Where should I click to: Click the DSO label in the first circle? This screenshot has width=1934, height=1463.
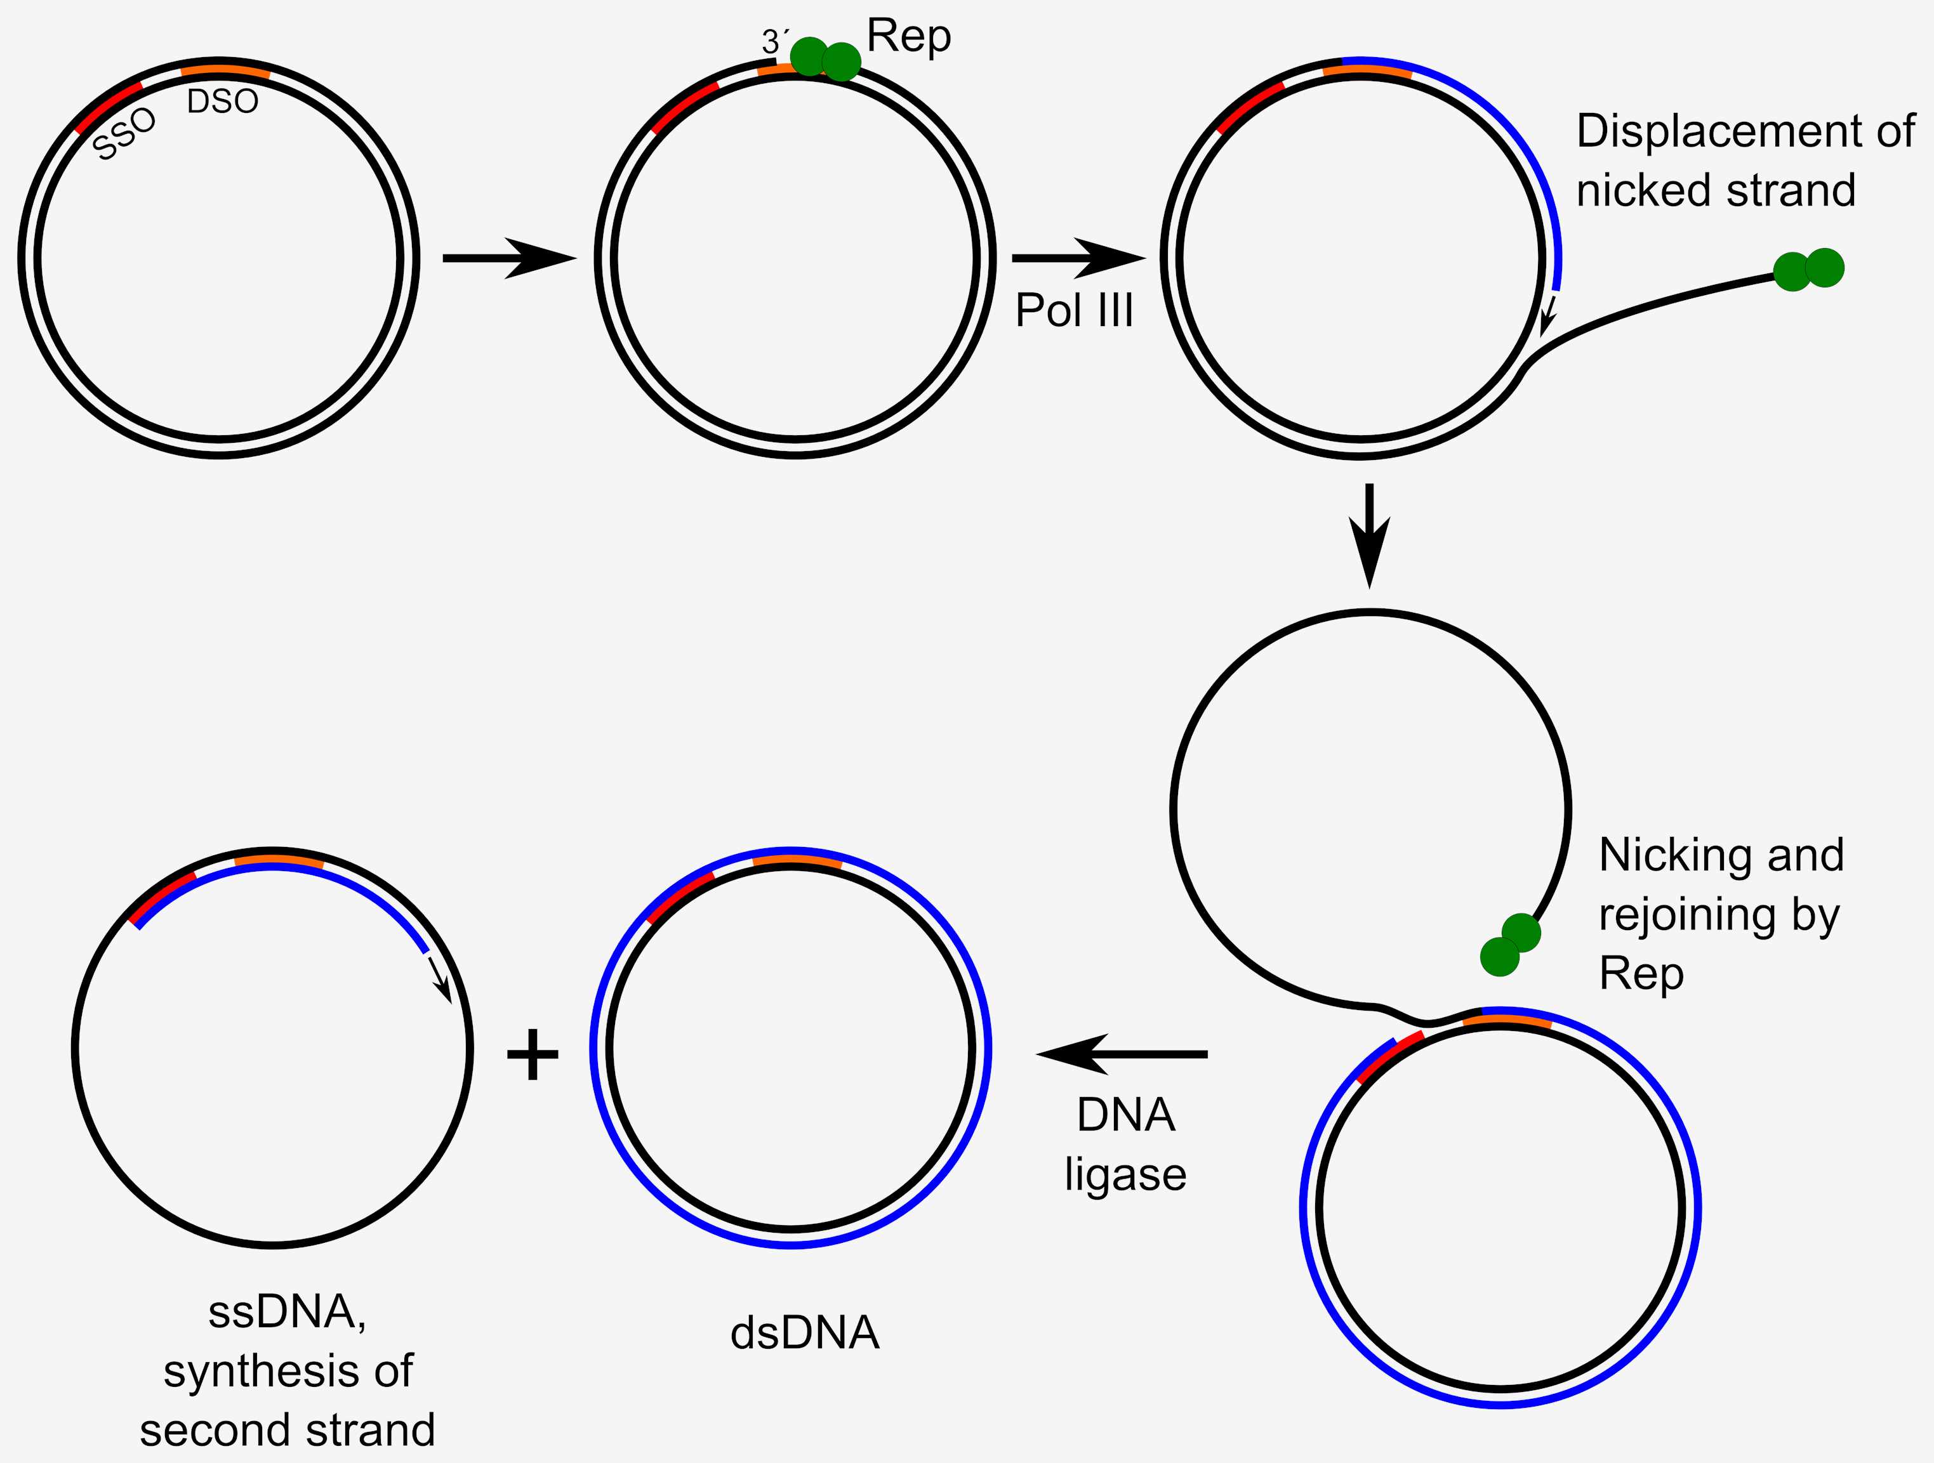pos(223,102)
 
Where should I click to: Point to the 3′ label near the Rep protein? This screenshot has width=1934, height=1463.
pos(774,41)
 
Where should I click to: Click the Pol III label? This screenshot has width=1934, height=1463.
pos(1074,310)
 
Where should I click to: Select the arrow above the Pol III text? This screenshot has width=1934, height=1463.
pos(1077,258)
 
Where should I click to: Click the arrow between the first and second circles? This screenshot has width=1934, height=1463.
pos(510,258)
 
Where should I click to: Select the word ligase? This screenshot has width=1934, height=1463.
pos(1125,1174)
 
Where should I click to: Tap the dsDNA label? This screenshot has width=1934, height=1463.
pos(804,1334)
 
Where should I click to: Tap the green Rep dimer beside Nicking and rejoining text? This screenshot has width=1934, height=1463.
pos(1510,944)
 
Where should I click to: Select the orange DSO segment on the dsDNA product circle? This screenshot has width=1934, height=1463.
pos(797,862)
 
